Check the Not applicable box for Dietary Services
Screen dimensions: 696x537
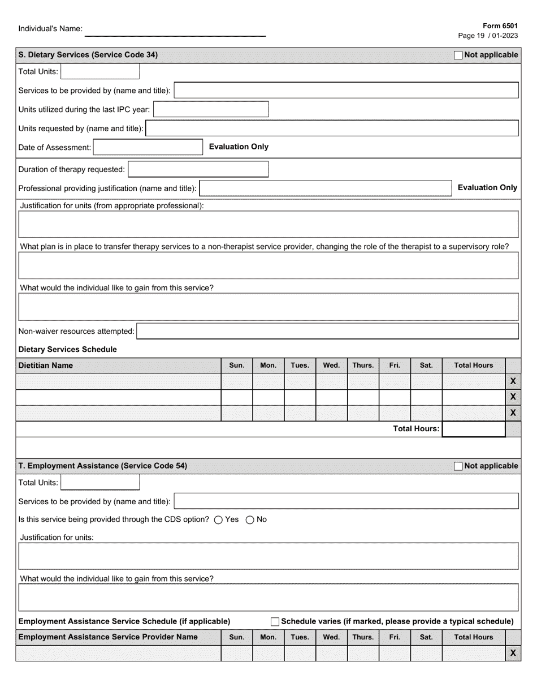pos(458,55)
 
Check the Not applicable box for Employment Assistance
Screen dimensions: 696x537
pos(458,466)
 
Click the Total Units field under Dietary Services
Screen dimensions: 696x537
pos(100,72)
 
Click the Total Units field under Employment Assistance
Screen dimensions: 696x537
pos(100,483)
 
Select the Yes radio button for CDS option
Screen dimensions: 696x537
pos(218,520)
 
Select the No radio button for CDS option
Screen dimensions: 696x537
pos(250,520)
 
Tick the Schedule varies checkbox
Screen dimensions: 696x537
pos(275,622)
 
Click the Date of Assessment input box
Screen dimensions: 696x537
pos(148,147)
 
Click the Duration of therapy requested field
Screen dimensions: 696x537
pos(198,169)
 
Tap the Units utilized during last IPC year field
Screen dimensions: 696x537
pos(211,109)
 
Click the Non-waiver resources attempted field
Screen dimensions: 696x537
pos(328,331)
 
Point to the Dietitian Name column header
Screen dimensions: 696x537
pos(46,366)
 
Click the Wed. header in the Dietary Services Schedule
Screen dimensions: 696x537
pos(331,366)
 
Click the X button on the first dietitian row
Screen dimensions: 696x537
pos(513,381)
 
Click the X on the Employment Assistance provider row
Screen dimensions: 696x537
pos(513,653)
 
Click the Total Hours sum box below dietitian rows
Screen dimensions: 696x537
pos(473,429)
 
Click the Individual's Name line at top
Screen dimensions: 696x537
pos(175,31)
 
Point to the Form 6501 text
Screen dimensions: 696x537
pos(500,26)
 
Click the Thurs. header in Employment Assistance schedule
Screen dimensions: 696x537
pos(363,637)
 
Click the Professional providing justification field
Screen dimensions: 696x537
pos(326,188)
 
